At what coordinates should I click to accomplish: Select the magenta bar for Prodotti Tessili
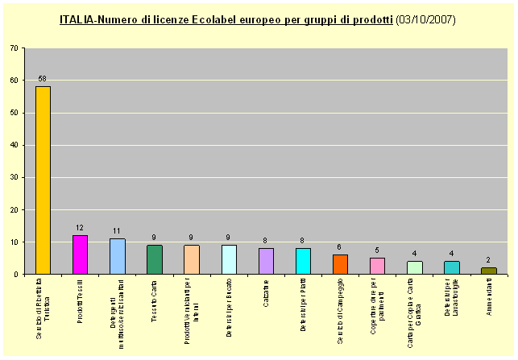coord(80,254)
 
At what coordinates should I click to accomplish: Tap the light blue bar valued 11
coord(117,256)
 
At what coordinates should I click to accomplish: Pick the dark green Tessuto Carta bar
coord(154,259)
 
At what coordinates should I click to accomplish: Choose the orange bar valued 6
coord(340,264)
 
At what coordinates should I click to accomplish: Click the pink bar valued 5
coord(377,266)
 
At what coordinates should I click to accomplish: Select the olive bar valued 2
coord(489,271)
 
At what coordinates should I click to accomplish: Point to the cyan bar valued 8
coord(303,261)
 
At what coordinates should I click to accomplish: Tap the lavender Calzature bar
coord(266,261)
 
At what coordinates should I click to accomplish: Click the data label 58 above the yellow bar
coord(43,79)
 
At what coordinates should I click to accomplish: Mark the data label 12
coord(80,228)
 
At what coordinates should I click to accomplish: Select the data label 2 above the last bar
coord(489,260)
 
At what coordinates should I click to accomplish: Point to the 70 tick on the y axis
coord(15,48)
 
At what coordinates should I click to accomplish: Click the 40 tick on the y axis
coord(15,145)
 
